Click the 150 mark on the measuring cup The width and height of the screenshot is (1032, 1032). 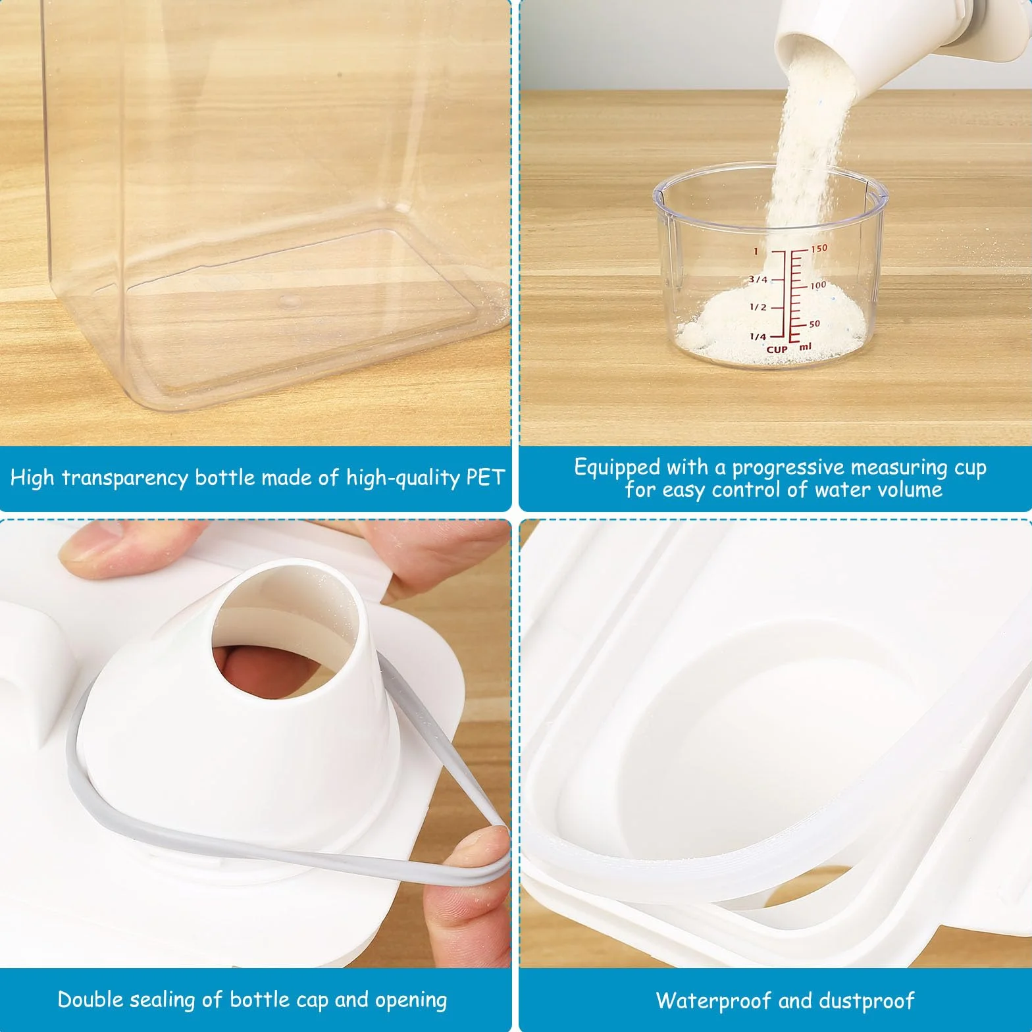click(819, 249)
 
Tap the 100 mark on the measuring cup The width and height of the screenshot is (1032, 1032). click(817, 286)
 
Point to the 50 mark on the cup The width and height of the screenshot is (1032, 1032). click(815, 324)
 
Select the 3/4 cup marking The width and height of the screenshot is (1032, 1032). click(758, 280)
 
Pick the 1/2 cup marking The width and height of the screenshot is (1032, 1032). click(758, 307)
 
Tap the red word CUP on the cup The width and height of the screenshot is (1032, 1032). click(777, 349)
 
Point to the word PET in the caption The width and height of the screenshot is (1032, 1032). click(485, 477)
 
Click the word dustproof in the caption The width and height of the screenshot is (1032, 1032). click(864, 1001)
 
